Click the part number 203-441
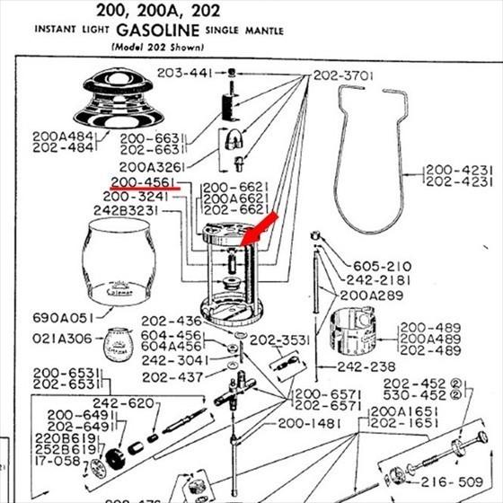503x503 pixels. point(186,73)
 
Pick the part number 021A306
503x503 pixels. point(63,338)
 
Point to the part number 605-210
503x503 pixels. point(380,267)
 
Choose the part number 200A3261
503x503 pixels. point(150,167)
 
